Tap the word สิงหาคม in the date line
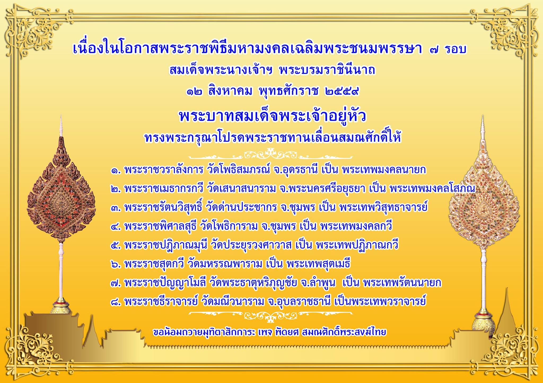[230, 91]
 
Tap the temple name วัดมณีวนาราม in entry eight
[233, 302]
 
